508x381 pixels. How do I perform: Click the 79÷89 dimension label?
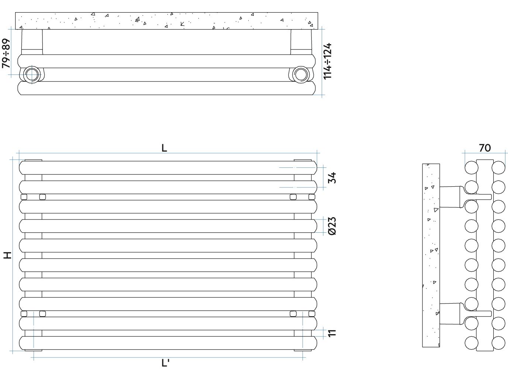6,53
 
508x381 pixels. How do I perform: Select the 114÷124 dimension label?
327,61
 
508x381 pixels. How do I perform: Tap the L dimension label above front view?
164,148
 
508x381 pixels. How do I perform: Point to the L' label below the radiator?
165,363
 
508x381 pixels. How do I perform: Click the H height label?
7,255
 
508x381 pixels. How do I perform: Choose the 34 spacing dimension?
332,178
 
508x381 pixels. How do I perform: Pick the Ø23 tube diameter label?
332,226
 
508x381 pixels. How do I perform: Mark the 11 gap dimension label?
332,333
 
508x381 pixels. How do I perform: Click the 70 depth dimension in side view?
485,148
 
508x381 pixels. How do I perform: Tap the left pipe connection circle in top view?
32,75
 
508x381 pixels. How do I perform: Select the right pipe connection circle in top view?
301,75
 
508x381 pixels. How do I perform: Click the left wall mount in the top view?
32,42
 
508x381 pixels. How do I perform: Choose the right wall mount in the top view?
301,42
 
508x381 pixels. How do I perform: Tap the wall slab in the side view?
431,255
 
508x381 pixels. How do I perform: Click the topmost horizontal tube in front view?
168,168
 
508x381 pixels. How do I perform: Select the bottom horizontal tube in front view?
168,343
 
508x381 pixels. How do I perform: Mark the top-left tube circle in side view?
471,167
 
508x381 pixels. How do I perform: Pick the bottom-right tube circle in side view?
498,343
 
